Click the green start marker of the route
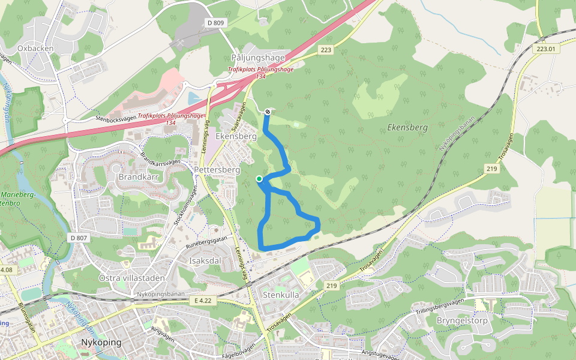pyautogui.click(x=259, y=178)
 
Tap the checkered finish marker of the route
pyautogui.click(x=267, y=111)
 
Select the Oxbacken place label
pyautogui.click(x=35, y=48)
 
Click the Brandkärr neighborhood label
pyautogui.click(x=137, y=178)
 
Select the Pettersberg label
pyautogui.click(x=217, y=170)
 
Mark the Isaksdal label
pyautogui.click(x=205, y=261)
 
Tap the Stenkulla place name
pyautogui.click(x=281, y=295)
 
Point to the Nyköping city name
pyautogui.click(x=101, y=343)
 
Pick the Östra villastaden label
pyautogui.click(x=131, y=278)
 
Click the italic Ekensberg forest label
pyautogui.click(x=407, y=128)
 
